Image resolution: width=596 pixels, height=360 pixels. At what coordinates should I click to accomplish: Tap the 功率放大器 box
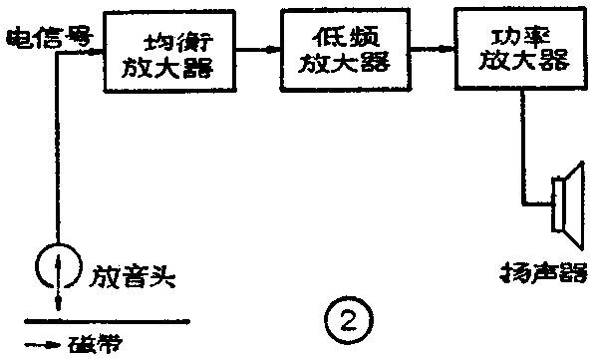518,48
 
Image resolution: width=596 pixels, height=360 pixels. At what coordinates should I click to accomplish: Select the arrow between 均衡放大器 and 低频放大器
262,48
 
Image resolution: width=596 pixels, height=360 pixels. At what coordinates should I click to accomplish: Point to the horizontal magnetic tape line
110,322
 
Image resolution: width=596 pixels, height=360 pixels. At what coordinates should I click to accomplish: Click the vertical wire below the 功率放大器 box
518,140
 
